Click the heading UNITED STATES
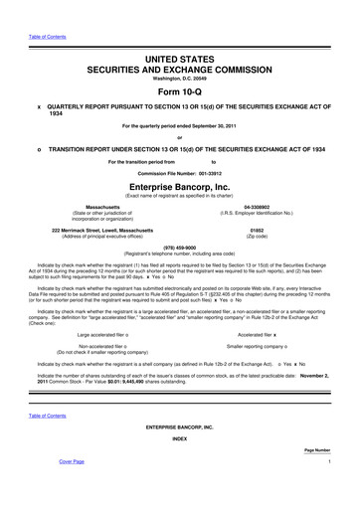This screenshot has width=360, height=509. coord(180,34)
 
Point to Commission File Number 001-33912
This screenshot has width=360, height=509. coord(180,171)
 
